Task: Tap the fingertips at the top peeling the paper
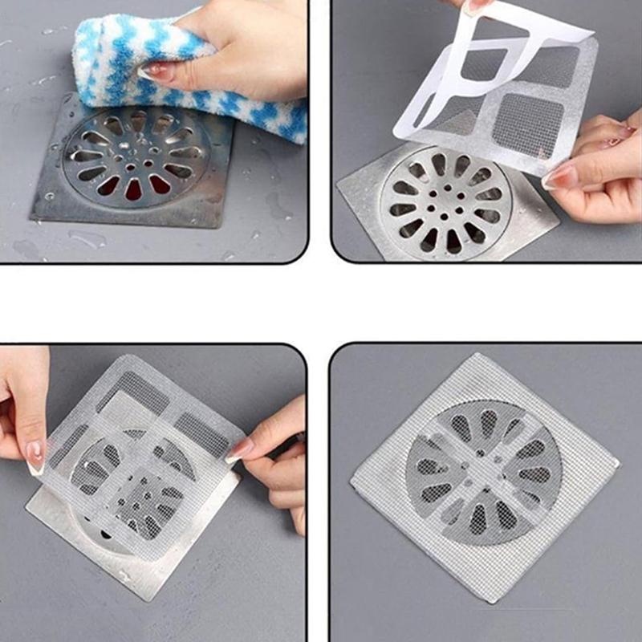click(473, 6)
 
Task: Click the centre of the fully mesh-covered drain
click(483, 474)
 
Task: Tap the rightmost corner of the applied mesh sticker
click(618, 464)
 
